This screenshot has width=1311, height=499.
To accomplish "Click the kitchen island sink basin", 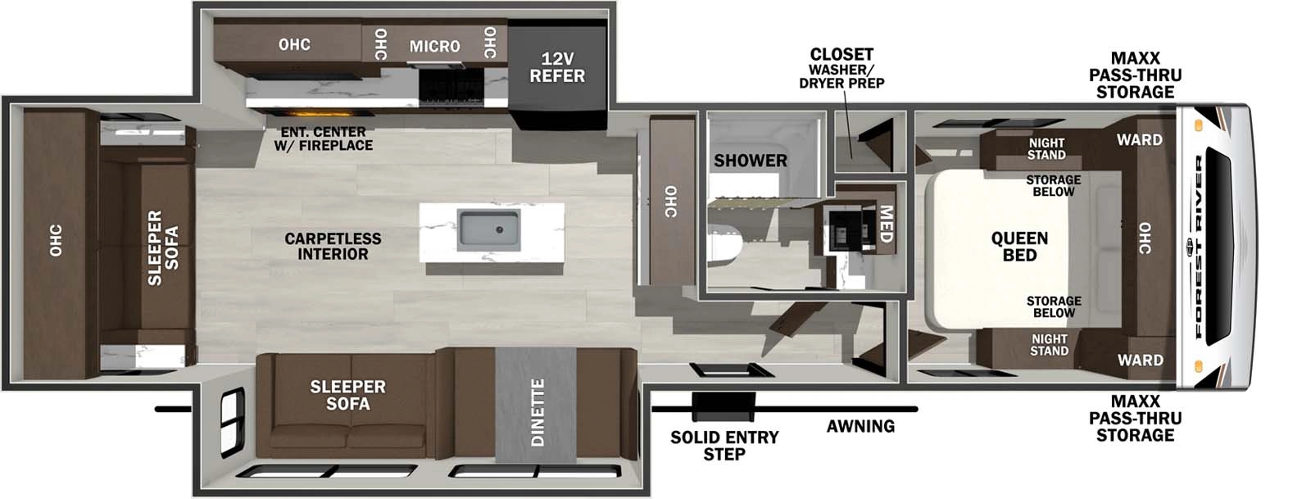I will point(489,230).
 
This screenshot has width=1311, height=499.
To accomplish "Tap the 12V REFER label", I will point(557,68).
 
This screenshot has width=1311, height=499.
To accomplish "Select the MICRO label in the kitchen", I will point(434,46).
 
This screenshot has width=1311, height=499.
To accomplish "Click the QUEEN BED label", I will point(1019,246).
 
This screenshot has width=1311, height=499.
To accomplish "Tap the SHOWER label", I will point(750,161).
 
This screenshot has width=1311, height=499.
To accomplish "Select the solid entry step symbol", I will point(724,404).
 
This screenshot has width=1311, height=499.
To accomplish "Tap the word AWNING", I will point(860,426).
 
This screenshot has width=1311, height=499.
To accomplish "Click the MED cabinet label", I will point(886,224).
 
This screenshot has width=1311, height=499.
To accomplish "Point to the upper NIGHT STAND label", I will point(1046,148).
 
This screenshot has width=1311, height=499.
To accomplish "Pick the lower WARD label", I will point(1140,360).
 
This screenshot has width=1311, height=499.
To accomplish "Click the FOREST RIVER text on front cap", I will point(1200,246).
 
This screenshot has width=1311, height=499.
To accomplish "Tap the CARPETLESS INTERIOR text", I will point(333,246).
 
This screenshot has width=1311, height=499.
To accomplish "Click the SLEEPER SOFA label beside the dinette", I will point(347,395).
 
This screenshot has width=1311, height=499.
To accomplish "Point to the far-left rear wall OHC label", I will point(56,240).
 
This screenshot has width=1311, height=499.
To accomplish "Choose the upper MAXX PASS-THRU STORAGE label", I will point(1135,75).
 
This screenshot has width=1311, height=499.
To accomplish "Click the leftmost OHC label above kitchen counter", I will point(294,44).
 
